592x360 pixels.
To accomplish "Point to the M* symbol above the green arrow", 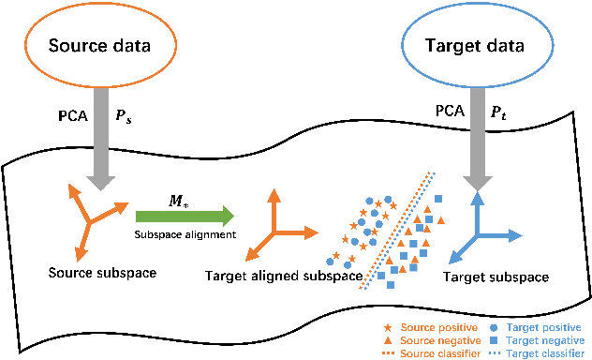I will click(x=176, y=200).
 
